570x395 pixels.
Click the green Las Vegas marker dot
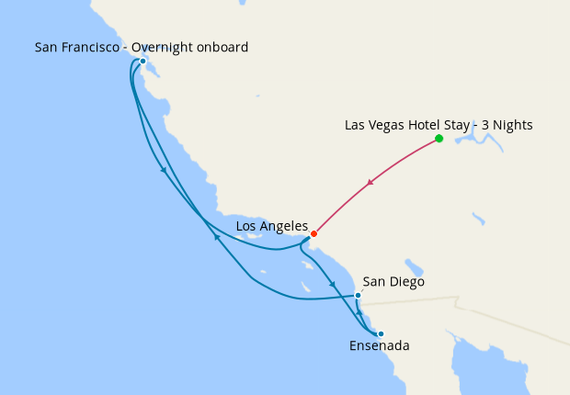tap(439, 139)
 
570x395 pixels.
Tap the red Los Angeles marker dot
tap(313, 233)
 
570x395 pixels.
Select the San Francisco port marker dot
tap(143, 62)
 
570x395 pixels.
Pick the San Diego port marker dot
tap(358, 295)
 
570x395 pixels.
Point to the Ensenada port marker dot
tap(381, 333)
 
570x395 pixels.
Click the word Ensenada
tap(379, 346)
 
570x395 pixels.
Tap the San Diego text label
tap(393, 282)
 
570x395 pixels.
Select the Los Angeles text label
tap(271, 225)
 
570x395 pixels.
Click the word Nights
tap(513, 124)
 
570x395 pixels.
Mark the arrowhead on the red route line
tap(370, 184)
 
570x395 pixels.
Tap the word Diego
tap(407, 282)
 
